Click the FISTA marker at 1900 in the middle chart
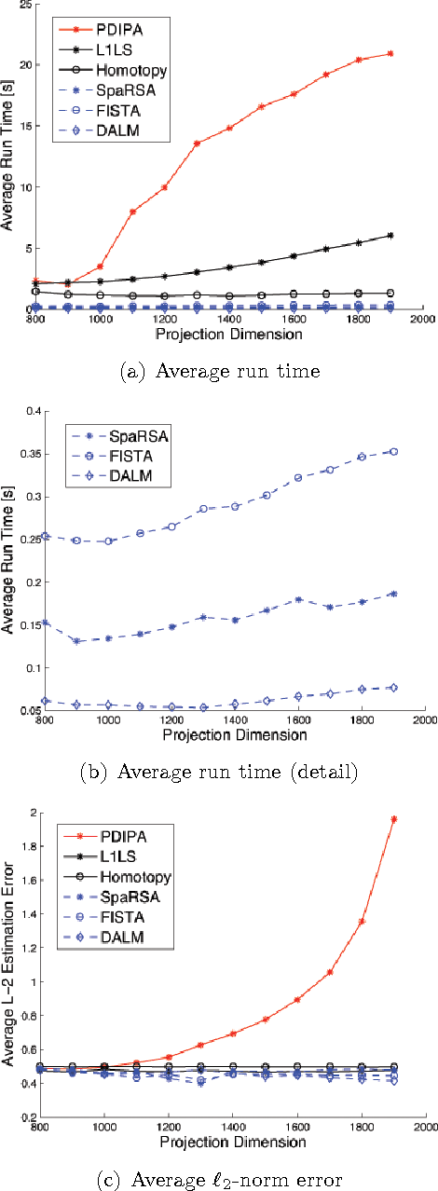392,451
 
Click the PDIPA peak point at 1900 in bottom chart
392,819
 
